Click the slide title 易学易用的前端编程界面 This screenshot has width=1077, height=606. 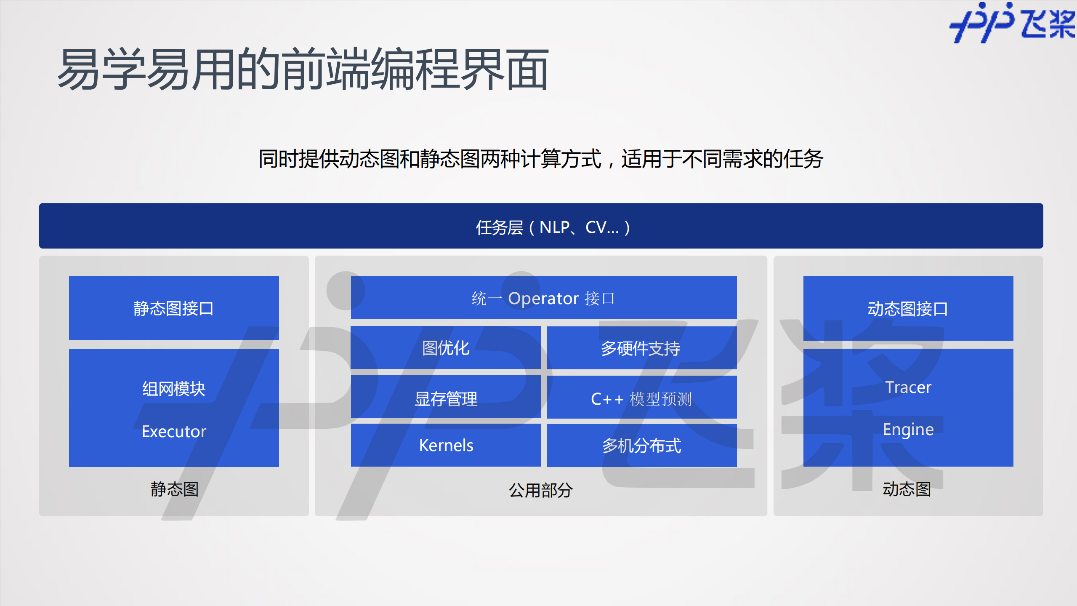(303, 69)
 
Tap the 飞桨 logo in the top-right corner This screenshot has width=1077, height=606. (1012, 23)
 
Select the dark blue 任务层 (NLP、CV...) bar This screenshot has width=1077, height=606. (541, 226)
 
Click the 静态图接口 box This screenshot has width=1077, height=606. (174, 308)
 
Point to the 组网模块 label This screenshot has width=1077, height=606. (174, 388)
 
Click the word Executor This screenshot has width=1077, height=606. (174, 432)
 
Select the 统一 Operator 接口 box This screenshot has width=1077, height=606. (543, 298)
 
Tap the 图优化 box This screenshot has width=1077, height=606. (446, 348)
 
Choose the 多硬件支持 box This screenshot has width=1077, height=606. (641, 348)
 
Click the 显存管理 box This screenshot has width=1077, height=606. (446, 398)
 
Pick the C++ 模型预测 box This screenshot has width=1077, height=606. (641, 398)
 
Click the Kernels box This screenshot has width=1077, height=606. (446, 445)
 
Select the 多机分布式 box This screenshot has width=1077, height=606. (641, 446)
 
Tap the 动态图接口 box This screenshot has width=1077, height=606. (908, 309)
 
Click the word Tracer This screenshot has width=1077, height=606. (908, 387)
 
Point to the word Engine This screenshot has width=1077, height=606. (908, 430)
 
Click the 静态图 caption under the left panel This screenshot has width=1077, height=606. (174, 489)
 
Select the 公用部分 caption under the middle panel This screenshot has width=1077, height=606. (540, 490)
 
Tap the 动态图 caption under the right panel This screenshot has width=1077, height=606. (907, 489)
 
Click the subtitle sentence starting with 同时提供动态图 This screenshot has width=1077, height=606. (540, 159)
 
